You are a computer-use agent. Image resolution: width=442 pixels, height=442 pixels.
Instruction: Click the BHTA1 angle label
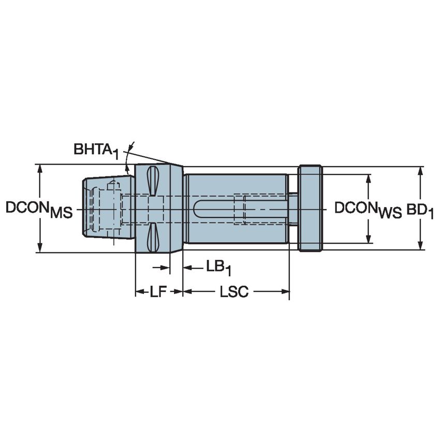[96, 151]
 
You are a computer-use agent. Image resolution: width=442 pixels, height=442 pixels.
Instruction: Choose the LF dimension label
[158, 292]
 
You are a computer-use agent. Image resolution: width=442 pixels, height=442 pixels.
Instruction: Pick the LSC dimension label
[234, 292]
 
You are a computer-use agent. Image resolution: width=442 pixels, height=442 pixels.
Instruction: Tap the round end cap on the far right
[310, 209]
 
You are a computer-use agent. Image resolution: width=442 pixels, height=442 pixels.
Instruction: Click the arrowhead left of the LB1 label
[187, 268]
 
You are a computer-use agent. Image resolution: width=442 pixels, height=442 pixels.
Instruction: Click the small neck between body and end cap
[293, 209]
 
